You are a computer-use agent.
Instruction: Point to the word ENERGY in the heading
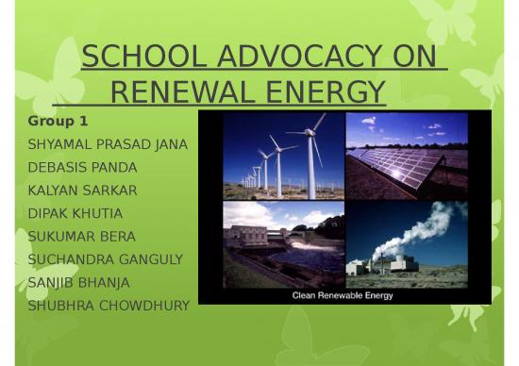tap(322, 92)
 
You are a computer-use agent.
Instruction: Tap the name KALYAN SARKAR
tap(82, 190)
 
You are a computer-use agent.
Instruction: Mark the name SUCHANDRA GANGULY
tap(105, 258)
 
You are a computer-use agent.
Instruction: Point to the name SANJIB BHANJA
tap(79, 281)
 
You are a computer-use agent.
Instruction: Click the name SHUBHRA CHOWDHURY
tap(109, 305)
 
